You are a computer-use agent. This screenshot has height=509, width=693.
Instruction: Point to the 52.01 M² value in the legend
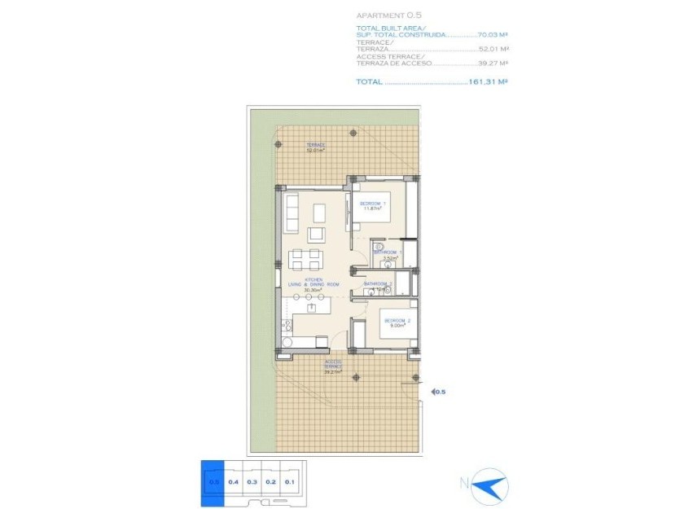[x=493, y=49]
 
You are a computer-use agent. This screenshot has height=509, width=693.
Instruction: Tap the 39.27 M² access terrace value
[x=493, y=63]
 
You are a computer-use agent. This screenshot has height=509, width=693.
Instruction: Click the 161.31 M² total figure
[x=489, y=81]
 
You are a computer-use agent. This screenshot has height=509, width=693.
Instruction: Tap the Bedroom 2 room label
[x=397, y=323]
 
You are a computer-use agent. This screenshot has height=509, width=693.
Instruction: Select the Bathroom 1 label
[x=388, y=254]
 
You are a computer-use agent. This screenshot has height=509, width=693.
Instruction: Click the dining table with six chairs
[x=306, y=259]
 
